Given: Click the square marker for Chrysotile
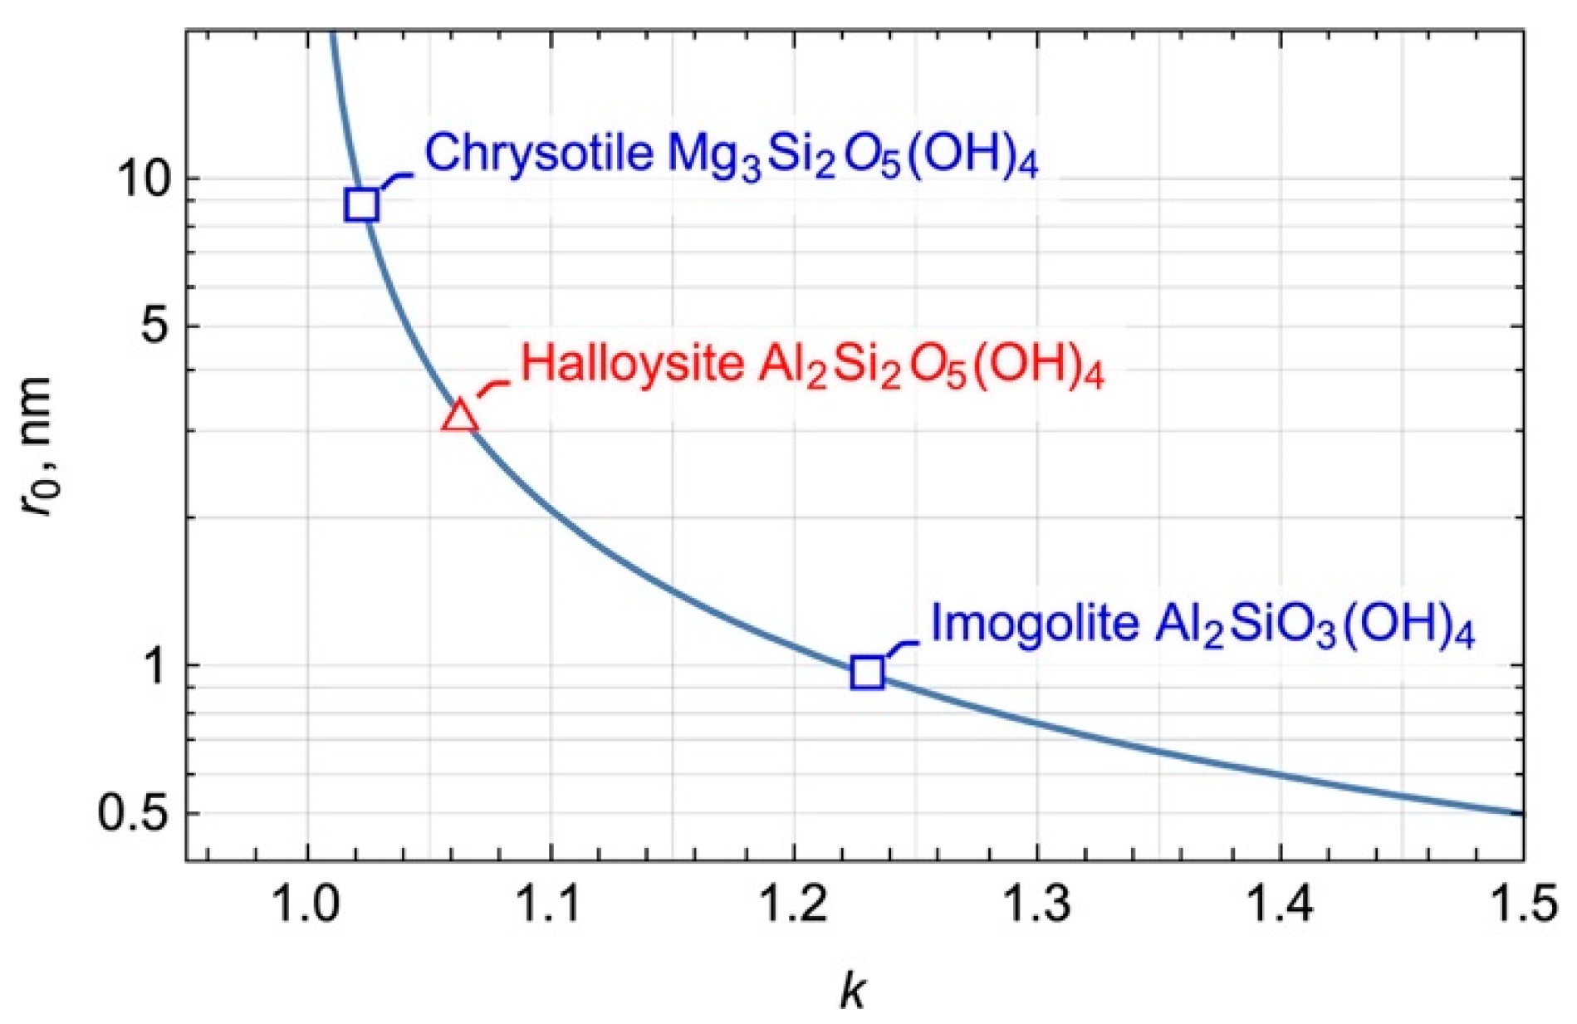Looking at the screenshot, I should click(x=362, y=203).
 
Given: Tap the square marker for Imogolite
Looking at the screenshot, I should click(x=867, y=672).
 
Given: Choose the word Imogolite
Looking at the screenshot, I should click(x=1034, y=622).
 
